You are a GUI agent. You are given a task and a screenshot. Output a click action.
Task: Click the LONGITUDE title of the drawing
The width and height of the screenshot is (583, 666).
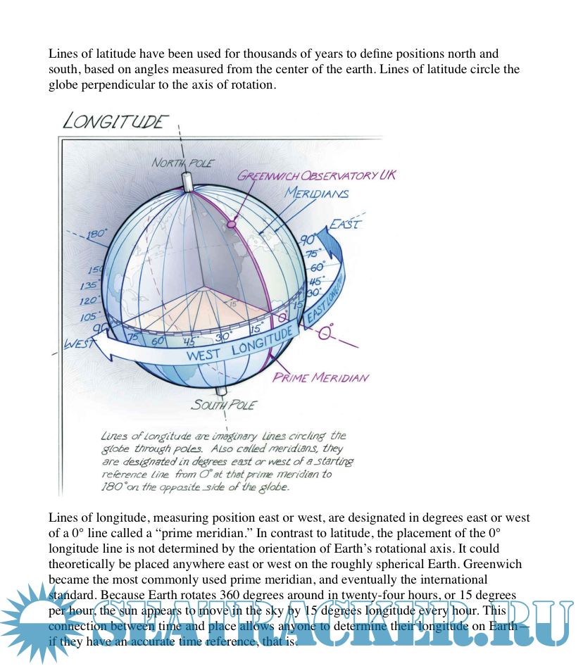115,121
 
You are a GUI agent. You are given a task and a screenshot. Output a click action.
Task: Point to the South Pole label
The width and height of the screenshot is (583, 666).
224,405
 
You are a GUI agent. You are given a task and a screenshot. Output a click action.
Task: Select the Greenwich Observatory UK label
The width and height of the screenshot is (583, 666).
316,175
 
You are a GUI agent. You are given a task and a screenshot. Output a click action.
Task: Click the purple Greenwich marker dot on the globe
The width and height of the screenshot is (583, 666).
231,223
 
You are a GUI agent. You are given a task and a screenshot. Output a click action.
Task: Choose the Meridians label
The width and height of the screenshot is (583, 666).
317,193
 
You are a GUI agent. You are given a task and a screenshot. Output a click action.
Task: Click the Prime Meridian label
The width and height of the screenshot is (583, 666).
320,377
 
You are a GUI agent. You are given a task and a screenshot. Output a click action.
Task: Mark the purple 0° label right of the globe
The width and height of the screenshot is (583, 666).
325,332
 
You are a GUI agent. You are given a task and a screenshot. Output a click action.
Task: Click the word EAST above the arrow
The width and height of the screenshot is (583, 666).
345,225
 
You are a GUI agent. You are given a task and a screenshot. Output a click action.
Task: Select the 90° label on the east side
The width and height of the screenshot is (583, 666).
309,241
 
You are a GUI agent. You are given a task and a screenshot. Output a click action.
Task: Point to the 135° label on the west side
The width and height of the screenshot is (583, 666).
89,286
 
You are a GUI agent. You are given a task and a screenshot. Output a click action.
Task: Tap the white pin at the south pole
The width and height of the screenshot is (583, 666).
221,391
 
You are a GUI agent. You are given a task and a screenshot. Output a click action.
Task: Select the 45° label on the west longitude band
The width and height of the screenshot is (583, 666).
189,341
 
